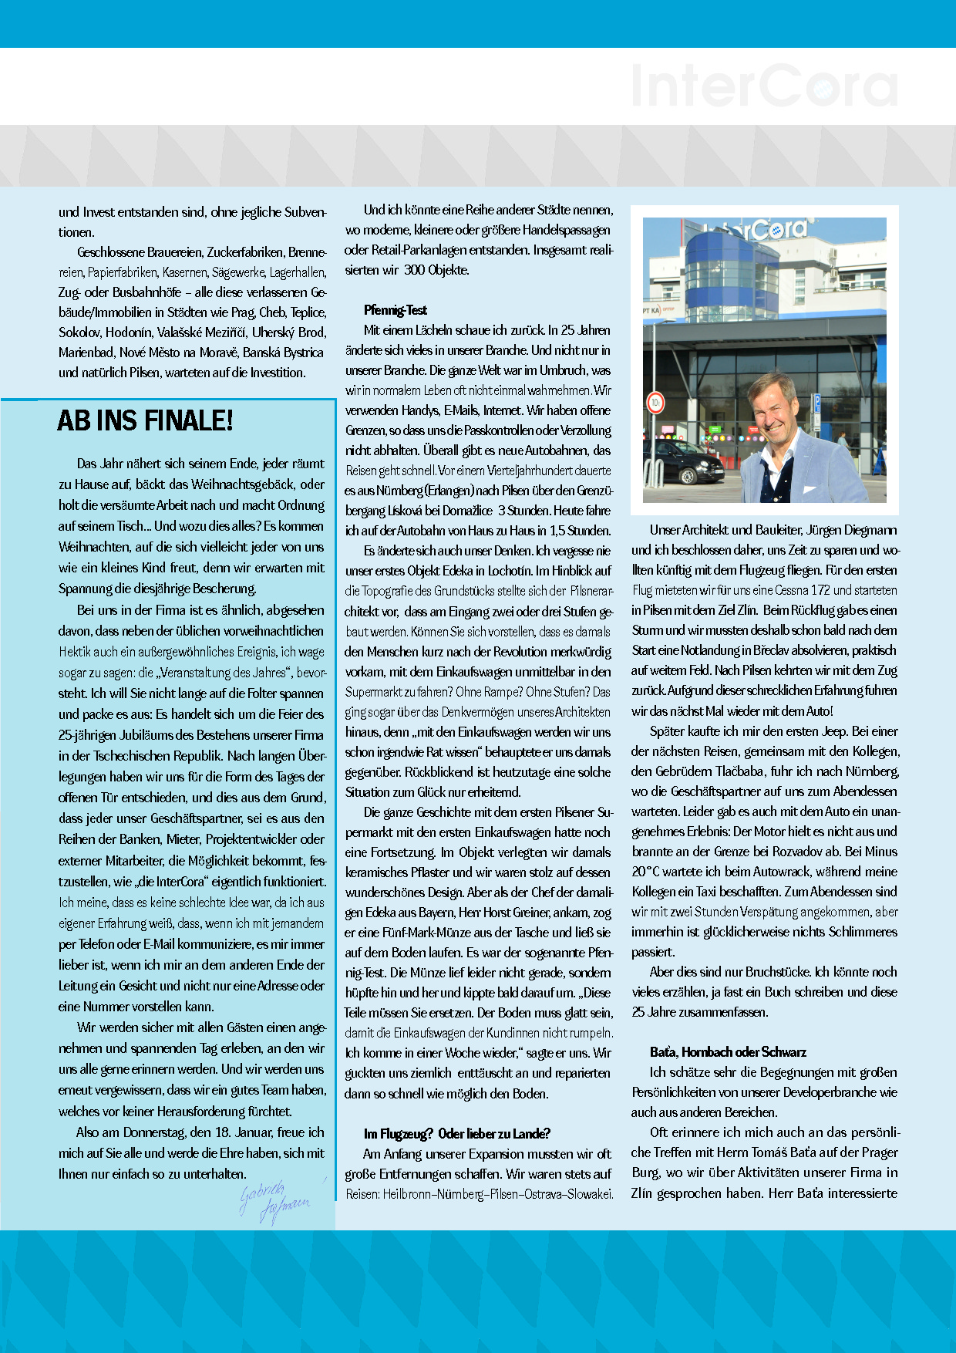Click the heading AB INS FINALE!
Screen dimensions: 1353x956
(x=145, y=421)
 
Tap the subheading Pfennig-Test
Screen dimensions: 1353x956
(x=395, y=310)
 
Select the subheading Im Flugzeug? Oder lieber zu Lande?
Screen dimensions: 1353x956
(x=456, y=1134)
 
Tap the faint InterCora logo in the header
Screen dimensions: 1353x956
(x=764, y=86)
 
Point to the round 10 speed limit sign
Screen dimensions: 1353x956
(x=655, y=403)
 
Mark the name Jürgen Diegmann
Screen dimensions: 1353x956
(x=851, y=530)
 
